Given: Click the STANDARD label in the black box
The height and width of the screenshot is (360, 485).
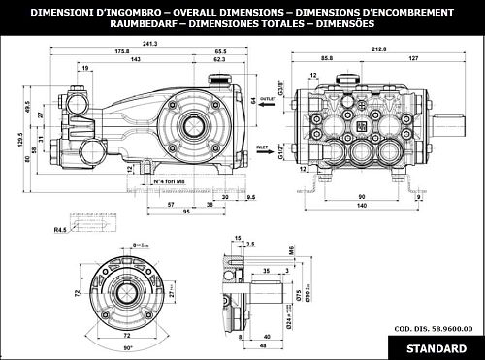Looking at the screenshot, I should pos(433,346).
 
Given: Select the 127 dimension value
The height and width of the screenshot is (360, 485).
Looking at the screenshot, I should pos(413,58).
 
